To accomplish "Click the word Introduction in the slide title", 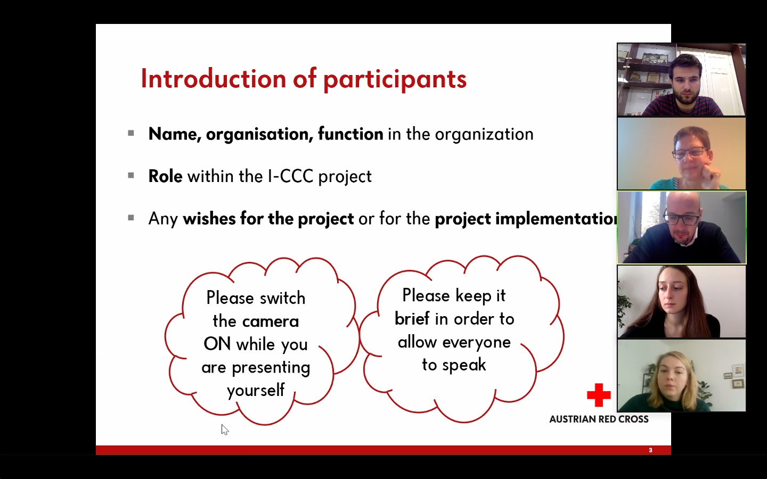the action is click(x=213, y=79).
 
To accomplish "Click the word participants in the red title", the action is click(x=395, y=80).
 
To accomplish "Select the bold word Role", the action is click(x=165, y=177).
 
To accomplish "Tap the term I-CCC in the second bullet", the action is click(x=291, y=177).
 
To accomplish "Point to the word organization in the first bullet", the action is click(x=484, y=134).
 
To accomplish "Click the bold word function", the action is click(x=350, y=134).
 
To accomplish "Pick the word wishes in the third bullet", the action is click(x=209, y=218).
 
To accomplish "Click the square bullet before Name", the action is click(x=131, y=133).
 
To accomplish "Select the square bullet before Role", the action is click(x=131, y=176).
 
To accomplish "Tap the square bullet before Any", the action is click(x=131, y=218).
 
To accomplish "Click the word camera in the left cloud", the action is click(x=271, y=321).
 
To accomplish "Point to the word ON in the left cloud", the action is click(x=217, y=344).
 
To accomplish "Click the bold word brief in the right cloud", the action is click(x=412, y=318).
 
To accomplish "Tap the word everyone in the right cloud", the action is click(x=476, y=343).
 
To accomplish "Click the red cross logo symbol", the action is click(x=599, y=395).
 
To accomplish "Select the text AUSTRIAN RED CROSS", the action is click(x=599, y=419).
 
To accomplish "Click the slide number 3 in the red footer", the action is click(x=650, y=450).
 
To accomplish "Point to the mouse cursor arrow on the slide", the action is click(x=225, y=430).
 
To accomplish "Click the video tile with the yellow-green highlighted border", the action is click(x=681, y=227).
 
